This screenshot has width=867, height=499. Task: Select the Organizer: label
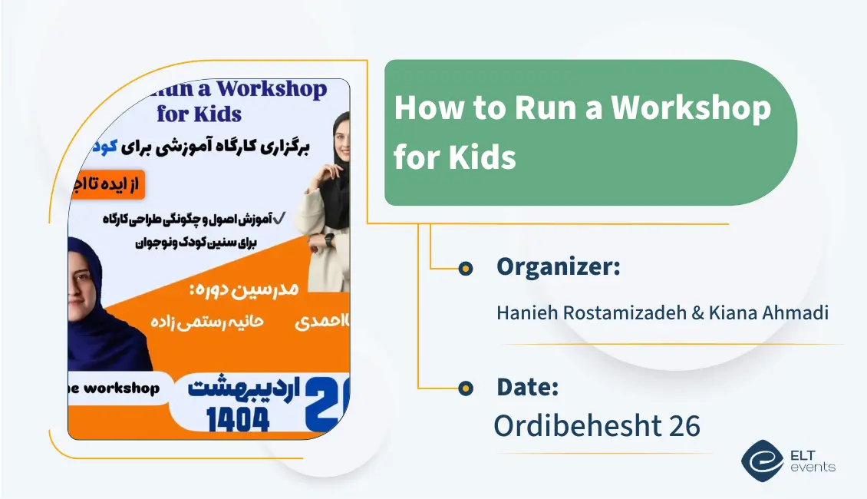click(558, 267)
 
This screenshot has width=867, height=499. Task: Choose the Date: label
click(527, 387)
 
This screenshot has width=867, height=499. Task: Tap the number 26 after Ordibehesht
click(684, 426)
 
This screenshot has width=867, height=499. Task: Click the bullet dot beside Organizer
click(465, 269)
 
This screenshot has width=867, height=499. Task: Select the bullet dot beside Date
click(465, 388)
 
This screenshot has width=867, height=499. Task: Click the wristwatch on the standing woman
click(331, 239)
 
